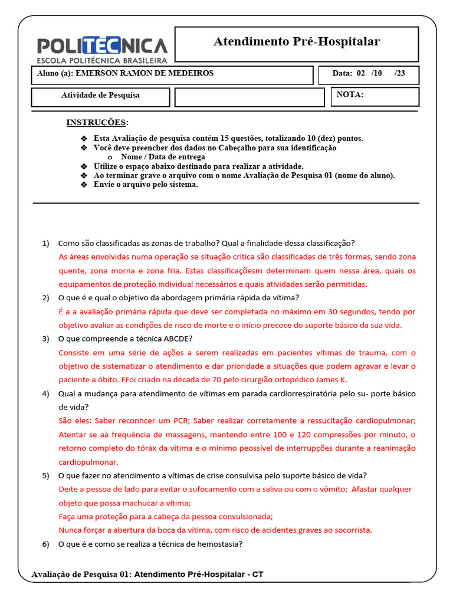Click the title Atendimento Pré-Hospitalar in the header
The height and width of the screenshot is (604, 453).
point(296,41)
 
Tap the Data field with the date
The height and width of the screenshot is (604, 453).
point(369,74)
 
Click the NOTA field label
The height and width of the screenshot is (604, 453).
point(350,94)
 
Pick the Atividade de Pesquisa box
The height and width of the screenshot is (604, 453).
point(101,96)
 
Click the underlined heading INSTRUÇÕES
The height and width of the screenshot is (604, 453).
point(97,123)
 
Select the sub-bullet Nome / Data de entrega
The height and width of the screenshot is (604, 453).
point(163,157)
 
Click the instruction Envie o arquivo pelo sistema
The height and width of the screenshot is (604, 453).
point(146,185)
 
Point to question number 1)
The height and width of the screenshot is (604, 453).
point(46,244)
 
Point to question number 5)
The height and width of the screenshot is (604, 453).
point(46,475)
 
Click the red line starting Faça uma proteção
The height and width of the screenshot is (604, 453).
point(166,516)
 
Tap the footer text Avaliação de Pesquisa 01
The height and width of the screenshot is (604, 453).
point(82,575)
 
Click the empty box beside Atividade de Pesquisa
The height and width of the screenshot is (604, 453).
point(249,97)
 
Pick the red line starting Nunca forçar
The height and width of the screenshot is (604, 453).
point(215,530)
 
